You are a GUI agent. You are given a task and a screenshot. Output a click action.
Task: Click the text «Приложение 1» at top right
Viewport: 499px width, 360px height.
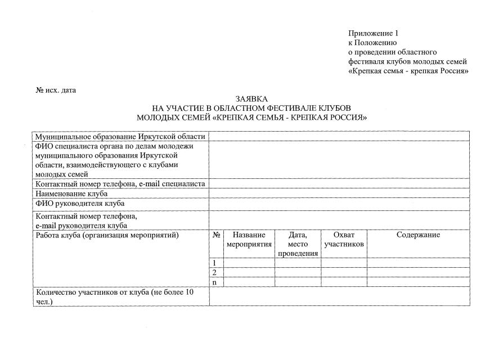coord(373,33)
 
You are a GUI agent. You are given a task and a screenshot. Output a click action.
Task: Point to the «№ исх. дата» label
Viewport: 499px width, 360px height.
coord(56,90)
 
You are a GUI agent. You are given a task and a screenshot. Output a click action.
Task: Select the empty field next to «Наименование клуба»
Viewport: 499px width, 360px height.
coord(339,193)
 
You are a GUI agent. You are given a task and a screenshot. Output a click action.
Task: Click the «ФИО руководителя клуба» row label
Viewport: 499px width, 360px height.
coord(80,203)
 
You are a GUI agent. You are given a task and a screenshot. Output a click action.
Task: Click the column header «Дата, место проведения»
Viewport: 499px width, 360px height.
coord(298,244)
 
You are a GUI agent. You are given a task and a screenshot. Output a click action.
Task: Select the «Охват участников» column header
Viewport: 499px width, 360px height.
coord(344,240)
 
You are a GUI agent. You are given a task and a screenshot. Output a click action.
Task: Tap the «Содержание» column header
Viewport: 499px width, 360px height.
coord(418,235)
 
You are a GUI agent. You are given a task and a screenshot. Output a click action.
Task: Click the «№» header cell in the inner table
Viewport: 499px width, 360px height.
coord(217,235)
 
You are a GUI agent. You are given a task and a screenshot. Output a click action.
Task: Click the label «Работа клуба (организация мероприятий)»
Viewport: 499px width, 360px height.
coord(107,235)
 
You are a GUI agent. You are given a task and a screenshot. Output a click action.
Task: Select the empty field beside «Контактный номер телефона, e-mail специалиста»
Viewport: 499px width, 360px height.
coord(339,183)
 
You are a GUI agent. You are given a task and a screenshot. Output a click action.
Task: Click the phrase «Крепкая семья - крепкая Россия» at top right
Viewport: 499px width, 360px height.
coord(408,71)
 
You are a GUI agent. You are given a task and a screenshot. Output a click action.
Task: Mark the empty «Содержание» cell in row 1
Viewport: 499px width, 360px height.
coord(418,263)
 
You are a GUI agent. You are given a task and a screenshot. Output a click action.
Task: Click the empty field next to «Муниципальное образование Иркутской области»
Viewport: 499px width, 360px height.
coord(339,136)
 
